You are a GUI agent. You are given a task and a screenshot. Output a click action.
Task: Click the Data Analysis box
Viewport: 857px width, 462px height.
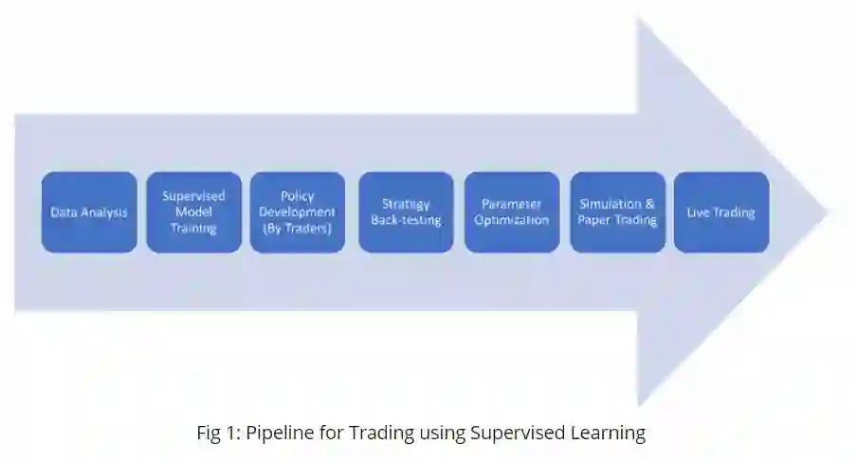tap(89, 212)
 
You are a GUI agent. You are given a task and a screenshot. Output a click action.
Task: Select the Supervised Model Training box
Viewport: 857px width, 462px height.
tap(193, 212)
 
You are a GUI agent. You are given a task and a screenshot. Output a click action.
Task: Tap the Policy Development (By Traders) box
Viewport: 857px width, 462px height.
tap(298, 212)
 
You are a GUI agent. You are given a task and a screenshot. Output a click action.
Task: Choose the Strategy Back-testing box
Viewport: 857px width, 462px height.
tap(406, 212)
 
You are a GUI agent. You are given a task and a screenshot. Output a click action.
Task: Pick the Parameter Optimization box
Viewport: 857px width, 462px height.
tap(512, 212)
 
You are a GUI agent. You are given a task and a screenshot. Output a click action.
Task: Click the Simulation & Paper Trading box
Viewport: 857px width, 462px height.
tap(617, 212)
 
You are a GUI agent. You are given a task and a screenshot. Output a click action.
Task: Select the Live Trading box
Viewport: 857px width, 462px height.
tap(721, 212)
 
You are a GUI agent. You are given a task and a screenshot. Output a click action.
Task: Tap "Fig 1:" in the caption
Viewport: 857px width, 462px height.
tap(218, 434)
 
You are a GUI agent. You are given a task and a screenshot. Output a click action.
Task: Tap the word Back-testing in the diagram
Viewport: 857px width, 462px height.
tap(406, 220)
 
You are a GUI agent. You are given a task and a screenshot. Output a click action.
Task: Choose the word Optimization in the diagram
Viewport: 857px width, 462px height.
tap(512, 220)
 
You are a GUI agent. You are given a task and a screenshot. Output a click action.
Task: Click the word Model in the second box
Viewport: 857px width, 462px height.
tap(193, 212)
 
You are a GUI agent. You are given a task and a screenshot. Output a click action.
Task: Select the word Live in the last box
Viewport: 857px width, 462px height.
tap(698, 213)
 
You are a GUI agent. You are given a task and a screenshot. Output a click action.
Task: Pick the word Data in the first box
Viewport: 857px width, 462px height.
tap(64, 213)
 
